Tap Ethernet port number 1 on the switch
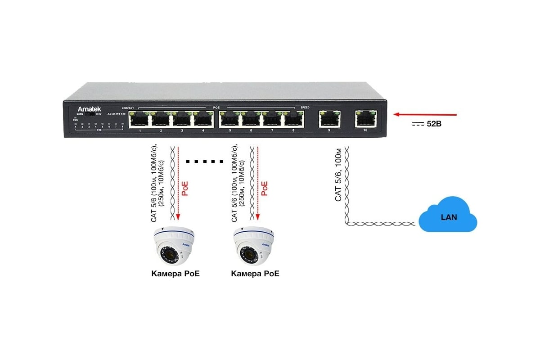point(140,120)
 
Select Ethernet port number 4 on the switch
point(203,120)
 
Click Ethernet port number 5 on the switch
point(230,120)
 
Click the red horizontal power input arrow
point(425,115)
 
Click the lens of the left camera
point(170,256)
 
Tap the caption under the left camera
point(175,274)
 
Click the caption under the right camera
point(255,274)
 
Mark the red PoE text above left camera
point(184,188)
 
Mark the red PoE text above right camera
point(265,188)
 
